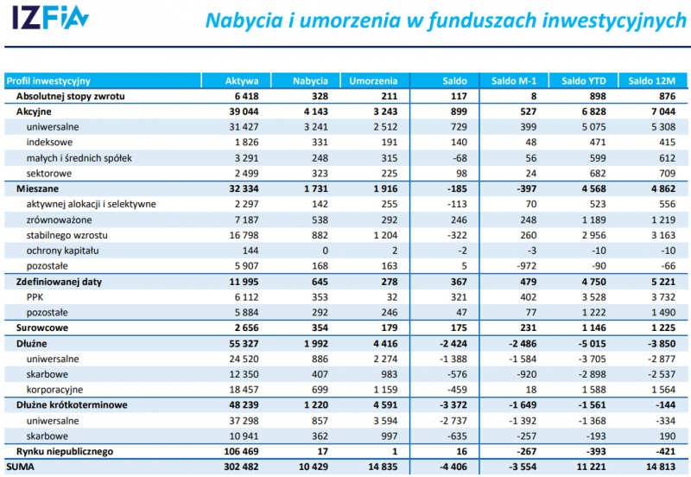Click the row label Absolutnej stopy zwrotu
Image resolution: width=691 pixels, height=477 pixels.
tap(71, 96)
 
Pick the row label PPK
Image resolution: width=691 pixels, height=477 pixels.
tap(35, 296)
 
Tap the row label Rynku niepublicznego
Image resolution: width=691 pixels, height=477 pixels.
tap(65, 451)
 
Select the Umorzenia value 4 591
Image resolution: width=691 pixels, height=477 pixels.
tap(380, 404)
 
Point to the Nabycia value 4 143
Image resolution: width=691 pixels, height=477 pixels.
tap(311, 111)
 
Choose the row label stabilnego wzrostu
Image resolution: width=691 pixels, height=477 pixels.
tap(67, 235)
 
